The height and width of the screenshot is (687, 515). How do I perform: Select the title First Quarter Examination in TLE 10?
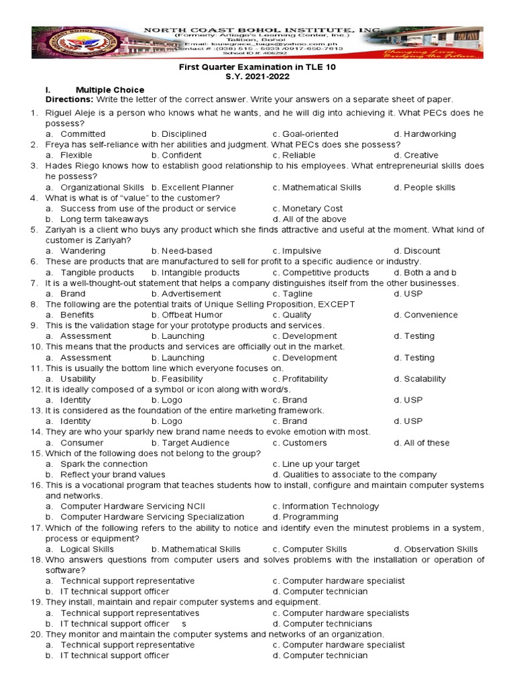(256, 68)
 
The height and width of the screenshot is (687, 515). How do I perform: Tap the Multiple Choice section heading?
(110, 90)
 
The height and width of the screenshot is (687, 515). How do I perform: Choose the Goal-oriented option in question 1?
(310, 134)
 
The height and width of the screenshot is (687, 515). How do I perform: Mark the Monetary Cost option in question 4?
(312, 209)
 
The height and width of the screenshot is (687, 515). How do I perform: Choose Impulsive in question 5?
(301, 251)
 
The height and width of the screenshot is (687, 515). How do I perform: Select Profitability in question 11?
(307, 379)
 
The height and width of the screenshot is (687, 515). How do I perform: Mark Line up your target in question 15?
(321, 464)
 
